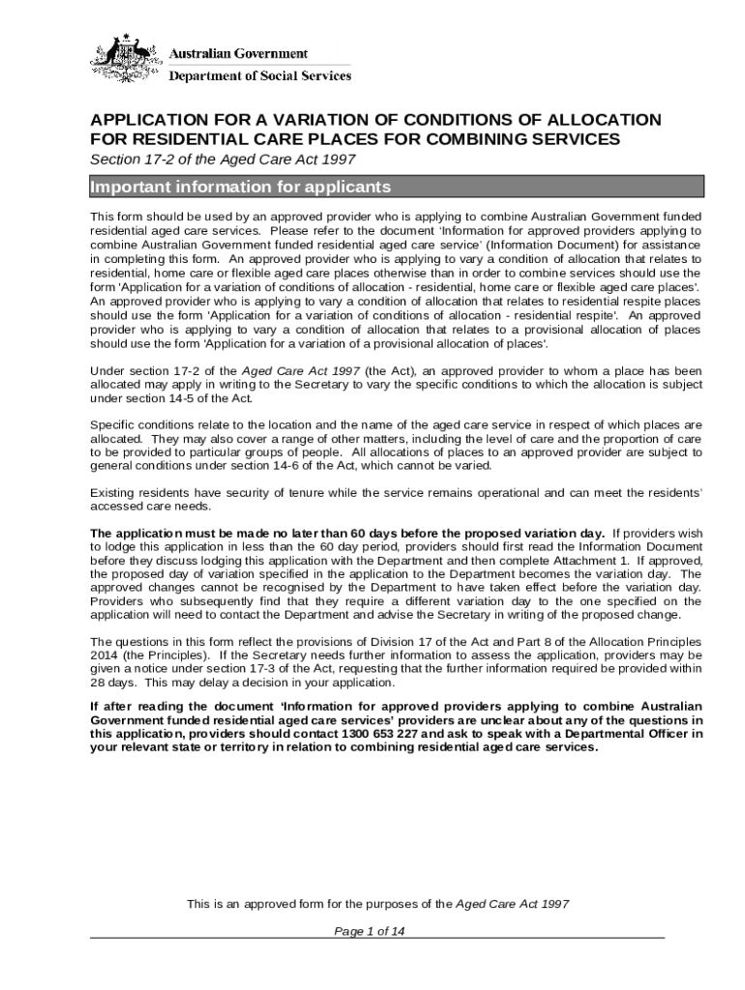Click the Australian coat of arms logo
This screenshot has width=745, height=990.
127,60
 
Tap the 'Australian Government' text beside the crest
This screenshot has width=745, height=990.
239,53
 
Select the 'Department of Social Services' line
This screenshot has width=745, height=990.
260,75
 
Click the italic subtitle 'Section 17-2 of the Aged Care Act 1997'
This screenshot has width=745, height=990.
223,160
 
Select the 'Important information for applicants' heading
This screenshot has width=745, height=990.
240,187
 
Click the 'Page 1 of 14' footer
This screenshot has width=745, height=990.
375,931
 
